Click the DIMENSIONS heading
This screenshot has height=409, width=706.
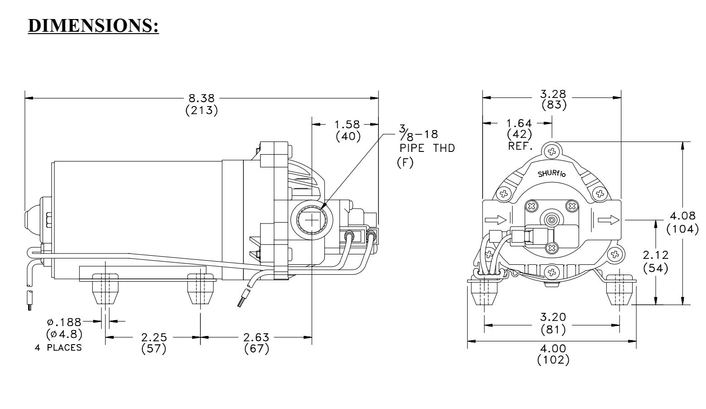pyautogui.click(x=93, y=25)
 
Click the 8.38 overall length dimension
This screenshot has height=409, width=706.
pyautogui.click(x=202, y=98)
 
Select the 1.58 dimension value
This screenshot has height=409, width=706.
pyautogui.click(x=347, y=124)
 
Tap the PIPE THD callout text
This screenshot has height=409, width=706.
pyautogui.click(x=427, y=148)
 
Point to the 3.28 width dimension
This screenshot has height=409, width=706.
pyautogui.click(x=553, y=94)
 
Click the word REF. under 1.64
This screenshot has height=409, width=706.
pyautogui.click(x=520, y=146)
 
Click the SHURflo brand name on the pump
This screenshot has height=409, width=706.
pyautogui.click(x=552, y=174)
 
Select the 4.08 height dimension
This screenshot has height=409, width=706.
pyautogui.click(x=683, y=216)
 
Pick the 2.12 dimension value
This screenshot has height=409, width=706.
pyautogui.click(x=656, y=255)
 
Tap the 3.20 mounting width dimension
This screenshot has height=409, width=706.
pyautogui.click(x=553, y=316)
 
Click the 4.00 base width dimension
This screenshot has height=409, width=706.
pyautogui.click(x=553, y=348)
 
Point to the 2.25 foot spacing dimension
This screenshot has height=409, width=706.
pyautogui.click(x=154, y=337)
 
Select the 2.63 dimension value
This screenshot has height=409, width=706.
pyautogui.click(x=256, y=337)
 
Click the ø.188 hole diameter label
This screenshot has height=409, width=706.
pyautogui.click(x=64, y=322)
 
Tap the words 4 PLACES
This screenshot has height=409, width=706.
pyautogui.click(x=58, y=347)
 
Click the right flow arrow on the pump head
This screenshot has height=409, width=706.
pyautogui.click(x=609, y=220)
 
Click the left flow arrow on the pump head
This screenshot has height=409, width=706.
pyautogui.click(x=495, y=219)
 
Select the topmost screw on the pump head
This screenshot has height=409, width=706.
pyautogui.click(x=551, y=152)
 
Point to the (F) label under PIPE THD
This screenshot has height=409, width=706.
pyautogui.click(x=405, y=162)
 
